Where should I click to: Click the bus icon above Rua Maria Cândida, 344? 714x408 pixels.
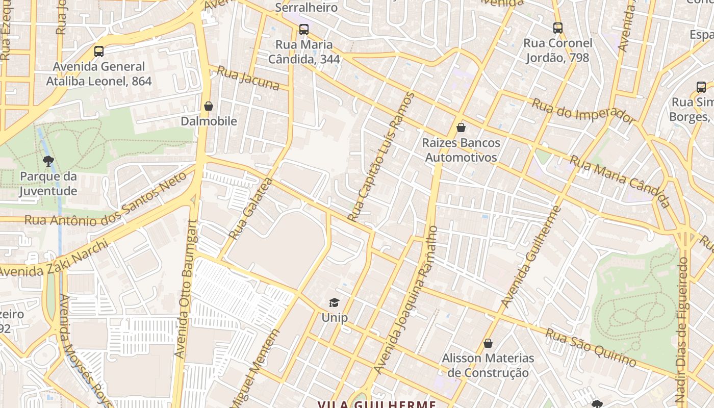[304, 30]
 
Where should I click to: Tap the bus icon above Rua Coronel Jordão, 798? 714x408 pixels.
[558, 28]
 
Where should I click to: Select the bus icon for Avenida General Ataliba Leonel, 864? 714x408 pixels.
[99, 52]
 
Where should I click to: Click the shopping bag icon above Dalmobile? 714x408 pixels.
[208, 106]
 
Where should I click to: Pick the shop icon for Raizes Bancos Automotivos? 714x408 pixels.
[461, 127]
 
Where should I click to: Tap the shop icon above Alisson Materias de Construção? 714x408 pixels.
[488, 343]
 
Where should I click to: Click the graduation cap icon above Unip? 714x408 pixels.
[334, 303]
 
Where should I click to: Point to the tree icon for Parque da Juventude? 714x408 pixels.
[48, 162]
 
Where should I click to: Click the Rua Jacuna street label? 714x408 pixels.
[248, 78]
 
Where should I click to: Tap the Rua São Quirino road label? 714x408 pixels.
[591, 348]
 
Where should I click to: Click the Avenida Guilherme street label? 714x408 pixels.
[531, 257]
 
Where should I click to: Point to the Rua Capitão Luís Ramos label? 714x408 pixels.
[381, 157]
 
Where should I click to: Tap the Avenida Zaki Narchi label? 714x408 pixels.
[54, 260]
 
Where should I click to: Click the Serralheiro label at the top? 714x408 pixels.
[306, 8]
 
